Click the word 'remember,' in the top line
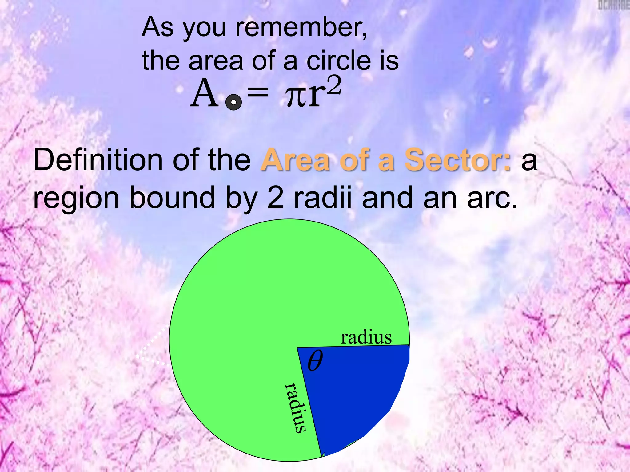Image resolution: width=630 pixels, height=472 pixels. [301, 28]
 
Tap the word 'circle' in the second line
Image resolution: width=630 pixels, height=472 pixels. [339, 61]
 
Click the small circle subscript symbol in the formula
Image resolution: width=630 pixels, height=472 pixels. [233, 102]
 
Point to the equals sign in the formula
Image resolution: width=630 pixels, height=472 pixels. [258, 92]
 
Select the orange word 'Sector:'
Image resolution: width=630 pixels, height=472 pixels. [457, 160]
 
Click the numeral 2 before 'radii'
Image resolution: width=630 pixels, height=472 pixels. [275, 198]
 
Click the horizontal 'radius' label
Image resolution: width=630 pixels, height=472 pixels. [366, 337]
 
